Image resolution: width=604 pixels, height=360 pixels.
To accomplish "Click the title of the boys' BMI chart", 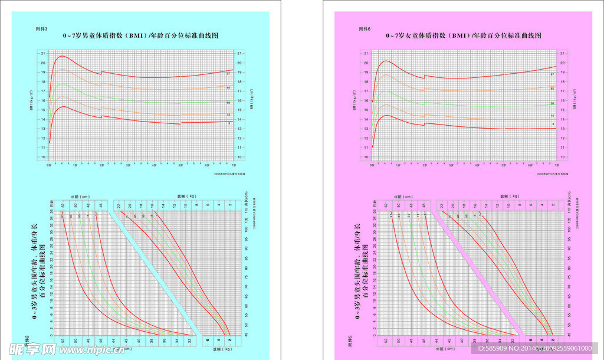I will [x=141, y=36].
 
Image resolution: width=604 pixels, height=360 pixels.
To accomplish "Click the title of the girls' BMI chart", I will [x=464, y=36].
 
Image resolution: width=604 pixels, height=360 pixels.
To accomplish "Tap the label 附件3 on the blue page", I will [x=41, y=29].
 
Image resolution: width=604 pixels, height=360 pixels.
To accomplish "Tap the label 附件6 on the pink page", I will [x=364, y=29].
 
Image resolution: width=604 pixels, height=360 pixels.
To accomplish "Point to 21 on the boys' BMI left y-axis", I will [x=43, y=53].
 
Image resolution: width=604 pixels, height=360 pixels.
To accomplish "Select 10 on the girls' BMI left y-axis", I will [x=366, y=157].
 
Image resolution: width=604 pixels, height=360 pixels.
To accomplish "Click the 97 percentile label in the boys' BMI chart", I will [x=228, y=74].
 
